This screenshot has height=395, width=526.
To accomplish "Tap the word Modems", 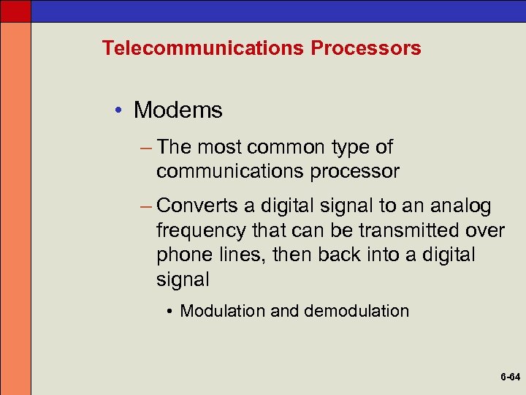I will [x=178, y=110].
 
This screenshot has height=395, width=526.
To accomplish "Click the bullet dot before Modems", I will [x=119, y=111].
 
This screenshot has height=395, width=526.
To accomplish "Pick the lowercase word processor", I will [x=351, y=172].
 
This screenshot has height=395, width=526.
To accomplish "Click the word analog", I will [x=464, y=206].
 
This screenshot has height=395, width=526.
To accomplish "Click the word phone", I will [x=180, y=255].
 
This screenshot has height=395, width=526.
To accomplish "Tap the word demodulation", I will [x=357, y=311].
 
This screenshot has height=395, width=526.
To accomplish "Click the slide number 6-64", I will [x=510, y=377].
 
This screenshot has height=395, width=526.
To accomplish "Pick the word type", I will [x=352, y=148].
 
